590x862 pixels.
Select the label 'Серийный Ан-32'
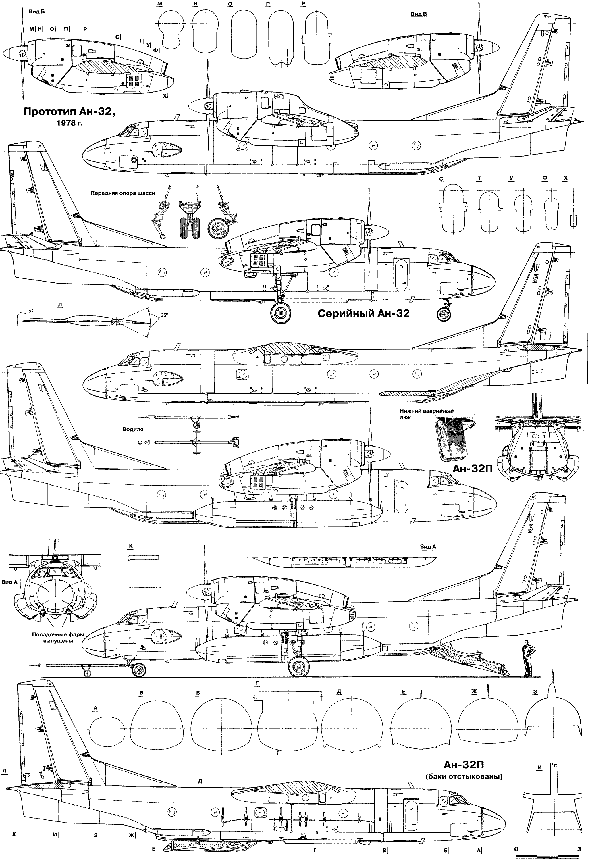pos(363,313)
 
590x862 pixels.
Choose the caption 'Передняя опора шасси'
pos(123,193)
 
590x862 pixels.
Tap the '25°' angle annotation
pos(164,315)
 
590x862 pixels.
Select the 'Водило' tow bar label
pos(133,429)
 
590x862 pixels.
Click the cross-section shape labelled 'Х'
pos(573,221)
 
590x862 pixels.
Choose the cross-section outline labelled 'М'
pos(167,32)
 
